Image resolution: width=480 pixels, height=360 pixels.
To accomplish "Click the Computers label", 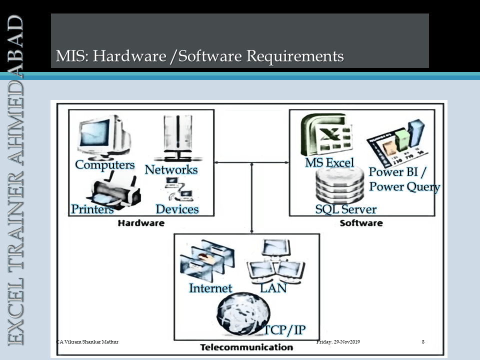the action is pyautogui.click(x=104, y=165).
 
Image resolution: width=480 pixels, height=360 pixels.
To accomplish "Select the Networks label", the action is pyautogui.click(x=171, y=169).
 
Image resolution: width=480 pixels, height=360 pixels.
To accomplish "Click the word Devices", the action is pyautogui.click(x=177, y=209).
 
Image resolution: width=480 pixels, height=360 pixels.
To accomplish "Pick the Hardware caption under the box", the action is pyautogui.click(x=141, y=223).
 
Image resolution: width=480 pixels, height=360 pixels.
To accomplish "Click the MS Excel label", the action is pyautogui.click(x=329, y=162).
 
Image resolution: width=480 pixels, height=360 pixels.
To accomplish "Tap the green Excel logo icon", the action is pyautogui.click(x=326, y=135).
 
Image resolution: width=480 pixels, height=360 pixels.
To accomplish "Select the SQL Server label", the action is pyautogui.click(x=346, y=209).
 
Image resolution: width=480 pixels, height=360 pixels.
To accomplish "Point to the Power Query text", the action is pyautogui.click(x=404, y=186).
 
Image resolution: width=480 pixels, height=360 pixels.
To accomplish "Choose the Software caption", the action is pyautogui.click(x=361, y=223).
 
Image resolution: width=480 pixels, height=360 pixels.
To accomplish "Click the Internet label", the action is pyautogui.click(x=210, y=288).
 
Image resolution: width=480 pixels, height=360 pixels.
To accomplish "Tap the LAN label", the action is pyautogui.click(x=273, y=288).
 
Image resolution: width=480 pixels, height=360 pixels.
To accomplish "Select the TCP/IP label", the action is pyautogui.click(x=284, y=330).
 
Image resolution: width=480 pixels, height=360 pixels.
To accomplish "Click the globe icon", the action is pyautogui.click(x=243, y=314).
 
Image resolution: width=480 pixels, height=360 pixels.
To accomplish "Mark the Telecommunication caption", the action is pyautogui.click(x=246, y=347).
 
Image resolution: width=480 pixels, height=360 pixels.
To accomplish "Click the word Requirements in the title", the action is pyautogui.click(x=295, y=56).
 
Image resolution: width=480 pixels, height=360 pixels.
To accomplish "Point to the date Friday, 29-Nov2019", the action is pyautogui.click(x=338, y=341).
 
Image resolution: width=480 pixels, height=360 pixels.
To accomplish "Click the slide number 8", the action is pyautogui.click(x=423, y=341).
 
